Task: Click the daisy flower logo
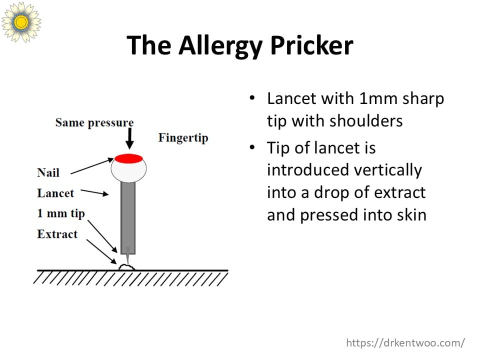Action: pyautogui.click(x=21, y=21)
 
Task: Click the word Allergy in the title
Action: pyautogui.click(x=220, y=46)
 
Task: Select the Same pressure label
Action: pyautogui.click(x=94, y=123)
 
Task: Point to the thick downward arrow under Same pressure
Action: pyautogui.click(x=130, y=138)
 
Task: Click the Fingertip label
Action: pyautogui.click(x=183, y=138)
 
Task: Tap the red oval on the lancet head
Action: pyautogui.click(x=128, y=158)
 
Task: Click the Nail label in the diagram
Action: pyautogui.click(x=48, y=172)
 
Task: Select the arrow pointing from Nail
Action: pyautogui.click(x=92, y=166)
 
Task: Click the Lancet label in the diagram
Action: pyautogui.click(x=55, y=193)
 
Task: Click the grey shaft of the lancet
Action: pyautogui.click(x=128, y=218)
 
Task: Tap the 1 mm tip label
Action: pyautogui.click(x=61, y=213)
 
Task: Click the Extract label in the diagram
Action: pyautogui.click(x=57, y=234)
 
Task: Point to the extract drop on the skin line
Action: pyautogui.click(x=126, y=267)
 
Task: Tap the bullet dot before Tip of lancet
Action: pyautogui.click(x=252, y=147)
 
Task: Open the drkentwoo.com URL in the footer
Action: pyautogui.click(x=405, y=343)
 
